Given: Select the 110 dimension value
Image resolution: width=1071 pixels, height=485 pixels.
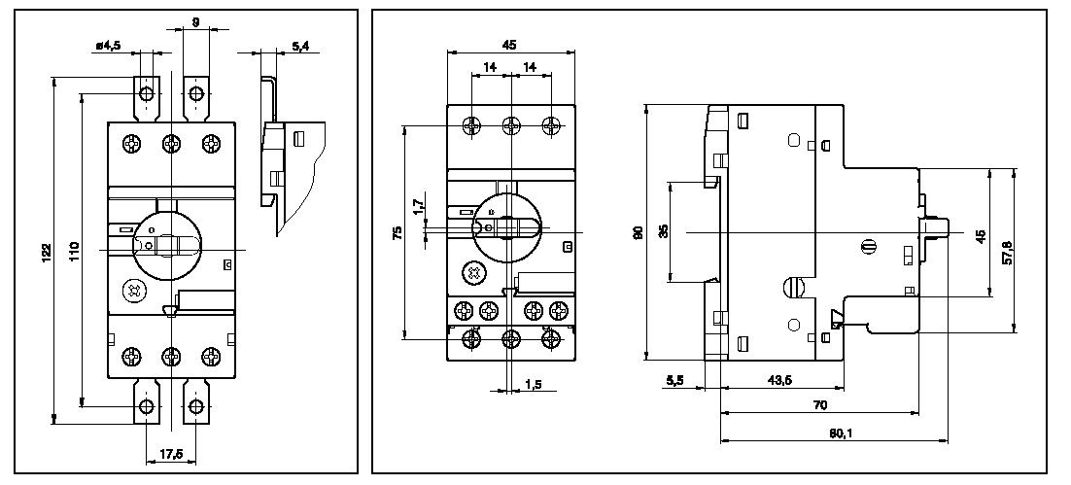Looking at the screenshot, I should pyautogui.click(x=74, y=251).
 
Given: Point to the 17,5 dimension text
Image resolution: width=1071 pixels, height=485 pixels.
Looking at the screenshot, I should pyautogui.click(x=172, y=454).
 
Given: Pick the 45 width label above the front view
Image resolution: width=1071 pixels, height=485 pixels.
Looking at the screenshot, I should pyautogui.click(x=509, y=44).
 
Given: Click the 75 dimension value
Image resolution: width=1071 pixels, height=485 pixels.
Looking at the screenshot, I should pyautogui.click(x=397, y=232).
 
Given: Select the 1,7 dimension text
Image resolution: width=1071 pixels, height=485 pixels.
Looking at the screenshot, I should pyautogui.click(x=417, y=207).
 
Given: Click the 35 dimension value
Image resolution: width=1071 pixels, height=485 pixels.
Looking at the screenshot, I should pyautogui.click(x=664, y=231).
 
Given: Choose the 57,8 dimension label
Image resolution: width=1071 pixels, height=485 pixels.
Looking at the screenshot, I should pyautogui.click(x=1008, y=252).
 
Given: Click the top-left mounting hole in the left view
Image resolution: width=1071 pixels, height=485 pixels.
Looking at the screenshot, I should pyautogui.click(x=147, y=93).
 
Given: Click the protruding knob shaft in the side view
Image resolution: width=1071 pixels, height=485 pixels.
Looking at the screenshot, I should pyautogui.click(x=935, y=231).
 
